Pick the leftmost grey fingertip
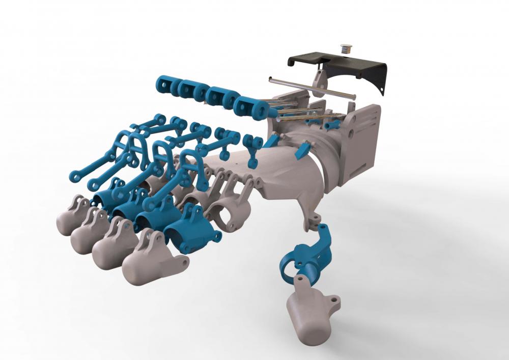(71, 216)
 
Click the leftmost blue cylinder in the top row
(165, 84)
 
